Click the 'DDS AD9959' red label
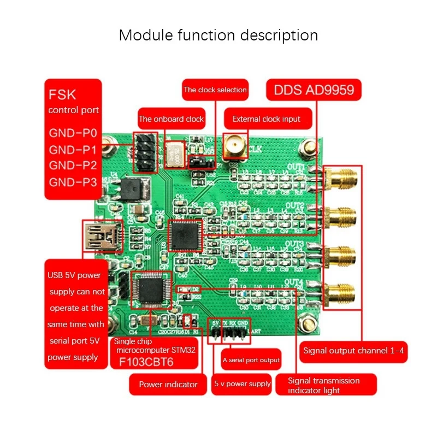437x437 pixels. coord(314,90)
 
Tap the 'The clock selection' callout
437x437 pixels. coord(215,90)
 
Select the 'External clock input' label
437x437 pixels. coord(267,119)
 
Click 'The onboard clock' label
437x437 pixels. coord(171,119)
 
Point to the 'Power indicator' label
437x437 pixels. coord(168,384)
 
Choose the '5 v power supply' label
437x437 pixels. coord(242,383)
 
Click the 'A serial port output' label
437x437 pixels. coord(251,360)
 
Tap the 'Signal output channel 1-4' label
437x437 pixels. coord(353,351)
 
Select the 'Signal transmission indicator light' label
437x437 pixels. coord(324,385)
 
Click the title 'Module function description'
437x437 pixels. coord(218,36)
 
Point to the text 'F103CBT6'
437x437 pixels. coord(155,362)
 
